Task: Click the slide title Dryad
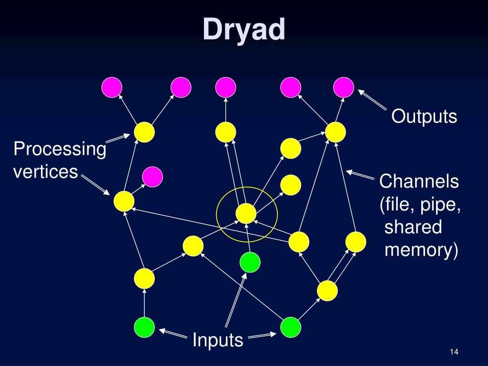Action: click(x=244, y=30)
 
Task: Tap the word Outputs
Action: click(x=424, y=116)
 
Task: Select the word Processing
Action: click(x=60, y=150)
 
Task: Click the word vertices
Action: click(x=45, y=172)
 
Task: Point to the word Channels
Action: click(x=419, y=182)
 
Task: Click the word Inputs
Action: click(x=218, y=341)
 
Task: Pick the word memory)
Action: click(x=421, y=250)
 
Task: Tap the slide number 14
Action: click(x=453, y=352)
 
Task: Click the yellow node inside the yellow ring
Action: click(x=246, y=213)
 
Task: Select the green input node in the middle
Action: click(x=250, y=262)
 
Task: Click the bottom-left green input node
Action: click(x=144, y=327)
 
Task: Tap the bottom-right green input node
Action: click(x=291, y=327)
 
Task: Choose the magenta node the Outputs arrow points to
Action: click(x=344, y=87)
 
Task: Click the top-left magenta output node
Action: click(x=112, y=87)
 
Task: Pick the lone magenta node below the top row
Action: click(x=152, y=177)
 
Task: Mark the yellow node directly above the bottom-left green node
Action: click(x=144, y=278)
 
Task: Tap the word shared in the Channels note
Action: click(x=413, y=227)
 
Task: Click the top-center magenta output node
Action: click(x=226, y=87)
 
